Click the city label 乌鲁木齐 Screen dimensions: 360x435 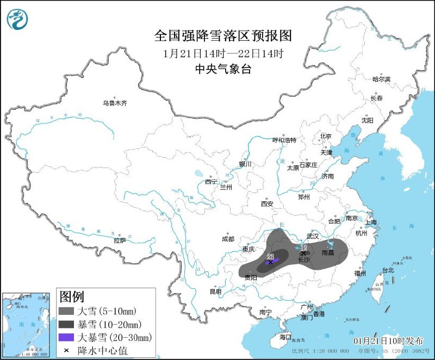tap(115, 103)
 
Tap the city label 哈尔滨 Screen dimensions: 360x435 tap(381, 79)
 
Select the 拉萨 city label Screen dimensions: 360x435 tap(120, 240)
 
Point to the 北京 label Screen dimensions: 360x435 tap(326, 136)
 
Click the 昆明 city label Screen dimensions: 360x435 tap(215, 291)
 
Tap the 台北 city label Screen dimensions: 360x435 tap(388, 270)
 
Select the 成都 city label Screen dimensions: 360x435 tap(228, 239)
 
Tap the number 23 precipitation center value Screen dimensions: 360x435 tap(270, 256)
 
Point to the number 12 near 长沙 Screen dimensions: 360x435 tap(303, 247)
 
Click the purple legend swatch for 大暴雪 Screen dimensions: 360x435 tap(67, 337)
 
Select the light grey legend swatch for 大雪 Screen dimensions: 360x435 tap(67, 312)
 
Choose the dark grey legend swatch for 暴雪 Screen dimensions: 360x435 tap(67, 325)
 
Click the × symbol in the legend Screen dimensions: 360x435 tap(66, 350)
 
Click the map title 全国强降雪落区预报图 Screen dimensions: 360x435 tap(223, 36)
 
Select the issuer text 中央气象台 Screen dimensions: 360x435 tap(223, 69)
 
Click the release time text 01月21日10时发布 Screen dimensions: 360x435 tap(388, 340)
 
